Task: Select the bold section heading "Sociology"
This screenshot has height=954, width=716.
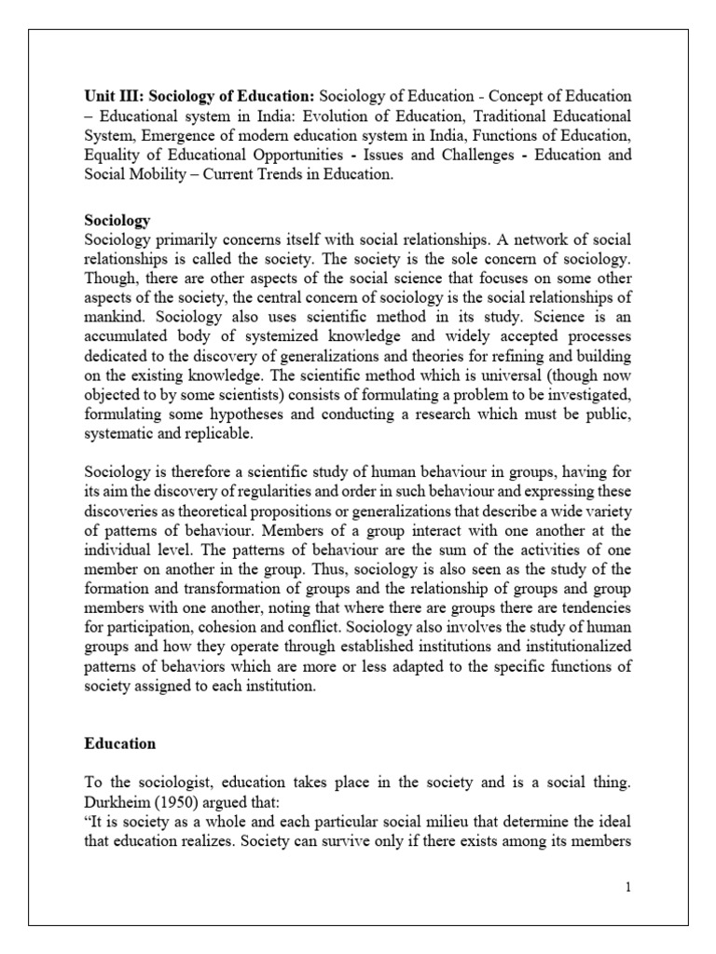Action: pyautogui.click(x=117, y=221)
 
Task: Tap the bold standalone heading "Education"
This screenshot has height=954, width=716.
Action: pyautogui.click(x=119, y=744)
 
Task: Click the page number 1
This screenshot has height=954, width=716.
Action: pyautogui.click(x=629, y=886)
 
